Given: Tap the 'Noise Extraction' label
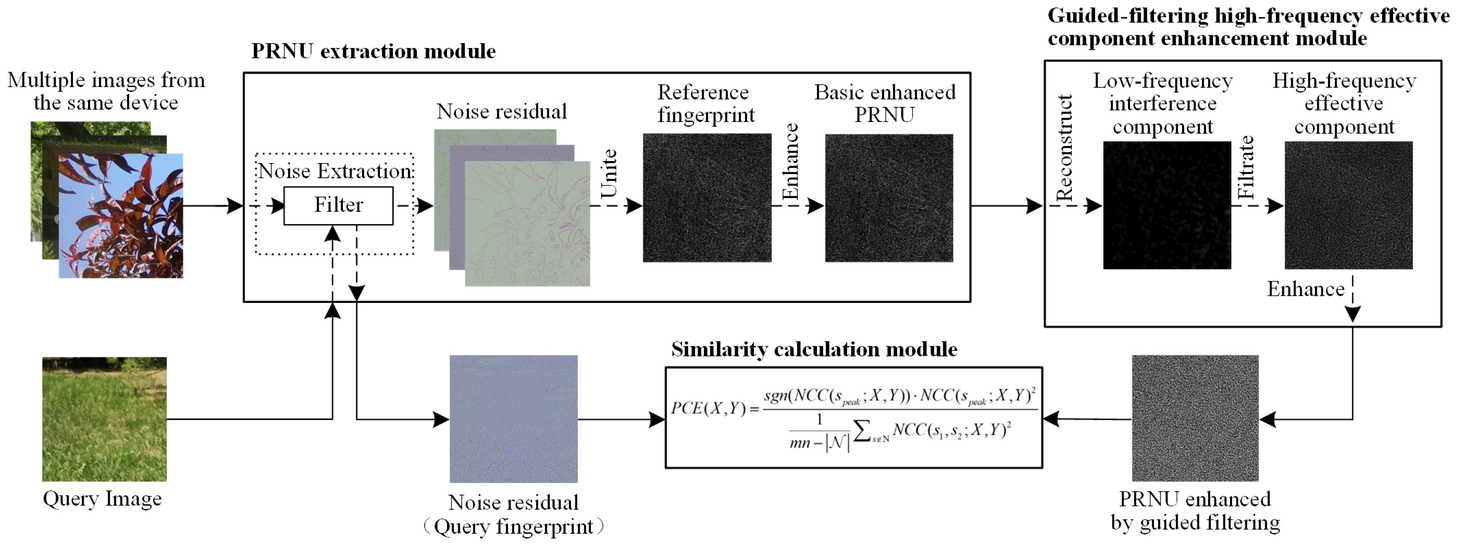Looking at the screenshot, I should click(x=334, y=171).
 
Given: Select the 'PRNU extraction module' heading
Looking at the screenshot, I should click(x=373, y=51).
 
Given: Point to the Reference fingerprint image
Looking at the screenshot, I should click(x=707, y=198).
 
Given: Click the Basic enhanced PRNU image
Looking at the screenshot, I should click(x=889, y=198).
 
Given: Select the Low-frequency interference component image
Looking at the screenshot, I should click(x=1167, y=205).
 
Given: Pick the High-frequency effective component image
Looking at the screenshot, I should click(x=1349, y=205).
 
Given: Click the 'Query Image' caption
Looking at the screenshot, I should click(x=102, y=499).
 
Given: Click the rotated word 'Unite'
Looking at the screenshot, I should click(x=609, y=174).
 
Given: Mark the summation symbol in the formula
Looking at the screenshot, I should click(x=861, y=432).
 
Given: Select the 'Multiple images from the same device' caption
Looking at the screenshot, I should click(x=106, y=91).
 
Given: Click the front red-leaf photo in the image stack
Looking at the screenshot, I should click(x=121, y=216).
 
